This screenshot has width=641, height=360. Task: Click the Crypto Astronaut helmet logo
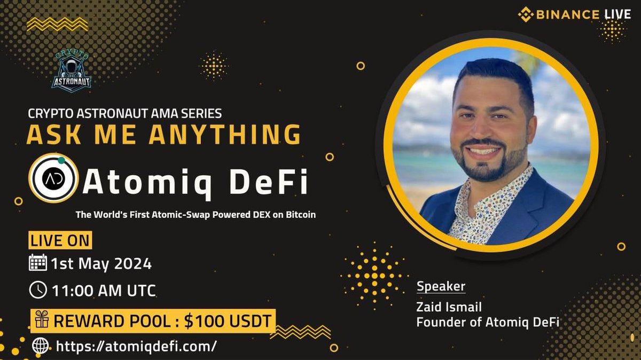[72, 71]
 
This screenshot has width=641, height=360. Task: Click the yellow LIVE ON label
[59, 241]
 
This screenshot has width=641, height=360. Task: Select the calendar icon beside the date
[37, 263]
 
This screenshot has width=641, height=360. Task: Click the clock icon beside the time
[37, 290]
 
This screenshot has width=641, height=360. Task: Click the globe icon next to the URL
[40, 346]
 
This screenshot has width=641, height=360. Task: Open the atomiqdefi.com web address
[136, 346]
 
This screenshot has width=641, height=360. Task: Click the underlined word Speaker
[441, 286]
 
